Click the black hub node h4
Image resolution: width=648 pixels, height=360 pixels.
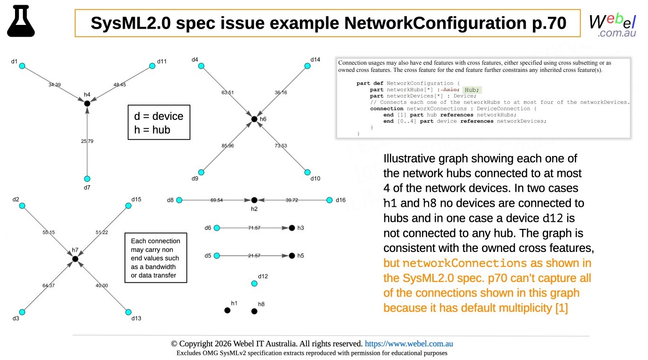pyautogui.click(x=87, y=103)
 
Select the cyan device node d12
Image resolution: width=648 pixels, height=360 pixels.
pyautogui.click(x=254, y=283)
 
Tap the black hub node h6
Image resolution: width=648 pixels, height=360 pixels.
pyautogui.click(x=254, y=119)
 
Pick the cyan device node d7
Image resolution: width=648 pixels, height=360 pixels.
pyautogui.click(x=87, y=179)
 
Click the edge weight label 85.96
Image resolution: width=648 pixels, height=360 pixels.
pyautogui.click(x=227, y=146)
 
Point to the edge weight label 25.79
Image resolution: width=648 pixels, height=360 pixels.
pyautogui.click(x=87, y=141)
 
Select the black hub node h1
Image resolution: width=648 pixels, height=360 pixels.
pyautogui.click(x=227, y=311)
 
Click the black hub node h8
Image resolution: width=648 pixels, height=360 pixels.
pyautogui.click(x=254, y=312)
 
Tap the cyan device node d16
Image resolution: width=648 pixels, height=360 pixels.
pyautogui.click(x=329, y=200)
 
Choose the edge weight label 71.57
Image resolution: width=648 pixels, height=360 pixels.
pyautogui.click(x=254, y=228)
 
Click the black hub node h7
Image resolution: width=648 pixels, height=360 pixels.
pyautogui.click(x=75, y=259)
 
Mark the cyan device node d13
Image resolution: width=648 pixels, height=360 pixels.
pyautogui.click(x=128, y=312)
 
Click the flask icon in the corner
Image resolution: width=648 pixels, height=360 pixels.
pyautogui.click(x=21, y=21)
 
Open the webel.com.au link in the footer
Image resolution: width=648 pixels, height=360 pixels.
pyautogui.click(x=409, y=344)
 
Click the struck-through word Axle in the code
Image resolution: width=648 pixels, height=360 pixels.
pyautogui.click(x=450, y=90)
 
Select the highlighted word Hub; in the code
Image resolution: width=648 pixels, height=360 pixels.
pyautogui.click(x=472, y=90)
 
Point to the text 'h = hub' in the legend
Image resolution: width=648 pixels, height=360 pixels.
pyautogui.click(x=152, y=130)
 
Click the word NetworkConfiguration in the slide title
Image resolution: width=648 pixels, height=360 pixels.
pyautogui.click(x=436, y=23)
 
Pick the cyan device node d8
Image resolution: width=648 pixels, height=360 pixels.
pyautogui.click(x=180, y=200)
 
